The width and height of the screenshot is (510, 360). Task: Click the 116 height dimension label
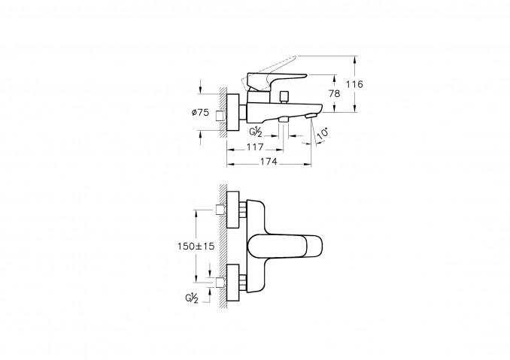[x=354, y=84]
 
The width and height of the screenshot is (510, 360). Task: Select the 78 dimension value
[x=334, y=94]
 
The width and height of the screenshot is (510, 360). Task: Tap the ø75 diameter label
[x=200, y=113]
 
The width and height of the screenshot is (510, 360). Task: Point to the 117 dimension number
[x=255, y=147]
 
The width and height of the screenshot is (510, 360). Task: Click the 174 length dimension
[x=269, y=162]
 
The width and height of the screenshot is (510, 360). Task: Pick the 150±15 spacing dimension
[x=196, y=246]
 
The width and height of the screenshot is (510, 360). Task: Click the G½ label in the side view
[x=256, y=132]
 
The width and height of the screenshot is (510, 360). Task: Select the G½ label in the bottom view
[x=192, y=298]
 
